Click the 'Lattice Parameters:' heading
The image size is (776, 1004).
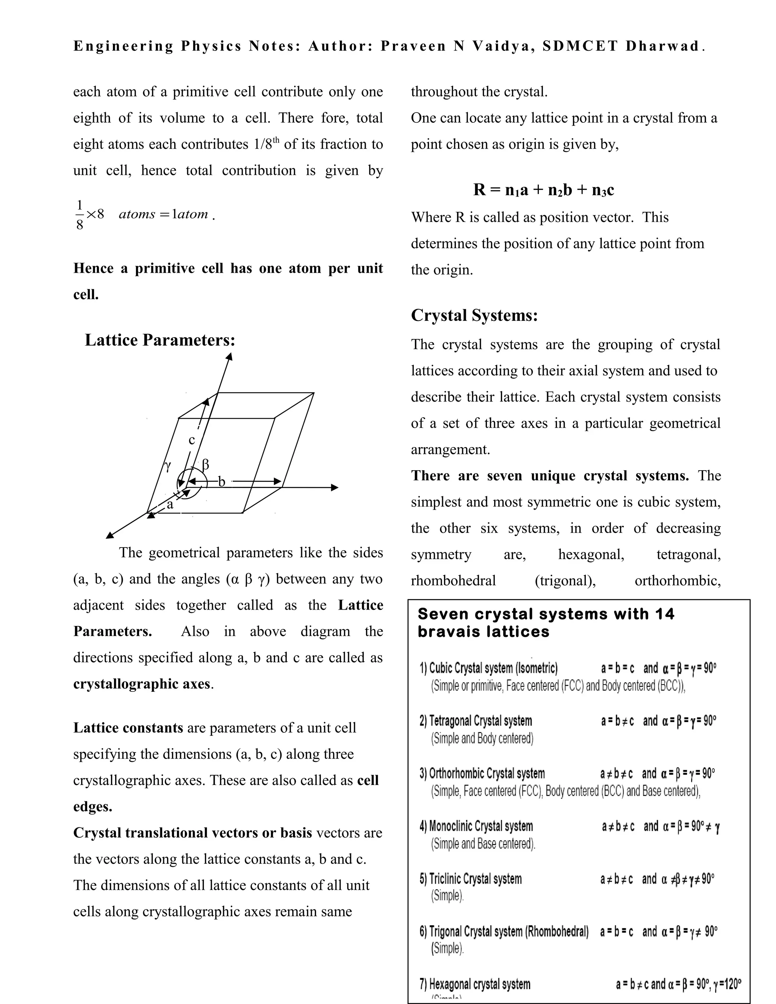pyautogui.click(x=160, y=340)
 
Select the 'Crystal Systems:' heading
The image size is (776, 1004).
pyautogui.click(x=474, y=315)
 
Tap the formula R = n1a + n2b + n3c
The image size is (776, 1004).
pyautogui.click(x=543, y=189)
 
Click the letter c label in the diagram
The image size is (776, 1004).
pyautogui.click(x=192, y=440)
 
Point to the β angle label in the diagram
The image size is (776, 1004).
pyautogui.click(x=205, y=464)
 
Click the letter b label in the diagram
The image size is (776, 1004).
pyautogui.click(x=222, y=481)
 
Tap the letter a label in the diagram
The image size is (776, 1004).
pyautogui.click(x=170, y=505)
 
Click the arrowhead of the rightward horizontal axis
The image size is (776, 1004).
pyautogui.click(x=335, y=488)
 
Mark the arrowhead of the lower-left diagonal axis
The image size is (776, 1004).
pyautogui.click(x=110, y=535)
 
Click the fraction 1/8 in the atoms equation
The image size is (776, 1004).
pyautogui.click(x=80, y=215)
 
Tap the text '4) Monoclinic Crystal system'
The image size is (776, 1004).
pyautogui.click(x=476, y=826)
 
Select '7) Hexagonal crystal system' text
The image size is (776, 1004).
pyautogui.click(x=475, y=984)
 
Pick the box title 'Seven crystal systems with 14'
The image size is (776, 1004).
pyautogui.click(x=546, y=614)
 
